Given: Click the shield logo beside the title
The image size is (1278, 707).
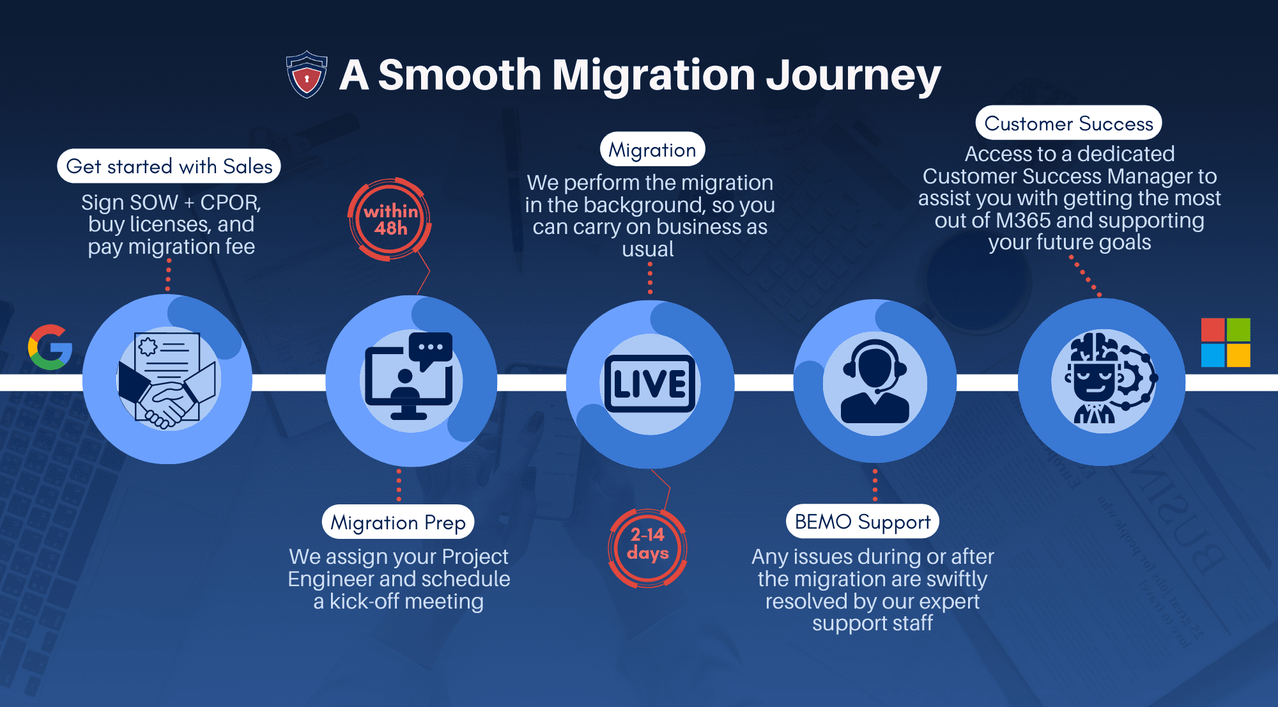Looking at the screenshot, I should pyautogui.click(x=307, y=74).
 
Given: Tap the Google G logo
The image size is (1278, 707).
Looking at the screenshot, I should pyautogui.click(x=50, y=347).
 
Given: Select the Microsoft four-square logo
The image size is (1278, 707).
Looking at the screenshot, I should pyautogui.click(x=1226, y=343).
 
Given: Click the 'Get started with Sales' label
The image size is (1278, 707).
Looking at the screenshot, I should pyautogui.click(x=169, y=166).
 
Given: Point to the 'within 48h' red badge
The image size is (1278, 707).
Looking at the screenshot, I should pyautogui.click(x=390, y=219).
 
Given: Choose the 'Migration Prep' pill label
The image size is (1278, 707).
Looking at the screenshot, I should pyautogui.click(x=398, y=522).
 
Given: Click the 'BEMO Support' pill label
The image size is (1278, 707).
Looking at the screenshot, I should pyautogui.click(x=862, y=522).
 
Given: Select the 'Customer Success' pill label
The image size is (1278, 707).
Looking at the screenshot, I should pyautogui.click(x=1068, y=123).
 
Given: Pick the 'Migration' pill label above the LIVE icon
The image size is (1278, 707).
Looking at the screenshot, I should pyautogui.click(x=652, y=150).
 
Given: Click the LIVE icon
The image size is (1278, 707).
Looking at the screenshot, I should pyautogui.click(x=650, y=384).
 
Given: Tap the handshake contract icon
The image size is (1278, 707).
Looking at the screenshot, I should pyautogui.click(x=167, y=380).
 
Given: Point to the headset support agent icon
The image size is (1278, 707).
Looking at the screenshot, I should pyautogui.click(x=875, y=382).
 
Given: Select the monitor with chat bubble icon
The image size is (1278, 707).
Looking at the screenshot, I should pyautogui.click(x=410, y=377).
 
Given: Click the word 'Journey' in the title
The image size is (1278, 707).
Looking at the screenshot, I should pyautogui.click(x=853, y=75).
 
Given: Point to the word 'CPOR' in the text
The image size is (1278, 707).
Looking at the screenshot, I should pyautogui.click(x=229, y=203).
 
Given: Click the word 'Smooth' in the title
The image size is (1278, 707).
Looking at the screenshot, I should pyautogui.click(x=460, y=74).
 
